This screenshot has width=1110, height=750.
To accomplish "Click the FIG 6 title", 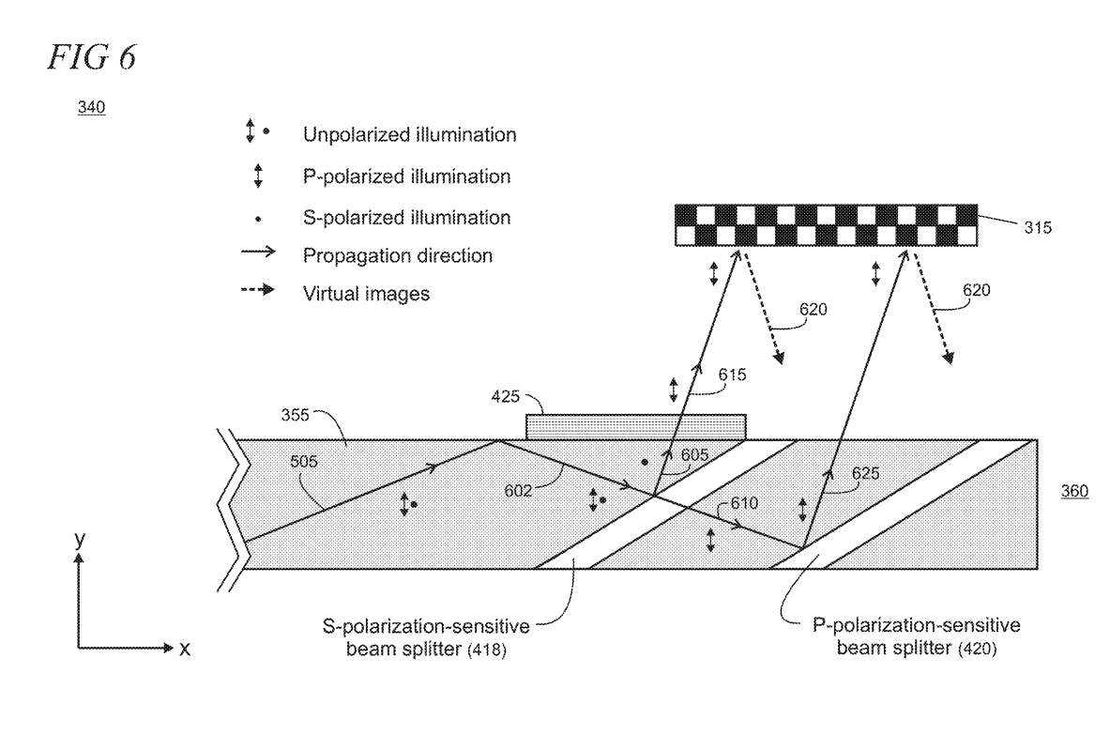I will [90, 56].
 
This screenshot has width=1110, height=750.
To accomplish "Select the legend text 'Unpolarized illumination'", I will [409, 134].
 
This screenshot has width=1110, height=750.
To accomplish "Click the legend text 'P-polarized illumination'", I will [406, 176].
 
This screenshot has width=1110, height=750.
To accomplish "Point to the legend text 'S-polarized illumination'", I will [406, 218].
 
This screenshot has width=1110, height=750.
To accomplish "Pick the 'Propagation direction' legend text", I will [398, 255].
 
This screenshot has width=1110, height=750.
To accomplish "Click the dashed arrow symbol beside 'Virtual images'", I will [258, 292].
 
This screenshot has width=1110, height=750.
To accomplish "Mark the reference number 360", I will [1075, 491].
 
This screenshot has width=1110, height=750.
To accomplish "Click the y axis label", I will [80, 539].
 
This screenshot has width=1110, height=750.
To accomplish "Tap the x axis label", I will [185, 648].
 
